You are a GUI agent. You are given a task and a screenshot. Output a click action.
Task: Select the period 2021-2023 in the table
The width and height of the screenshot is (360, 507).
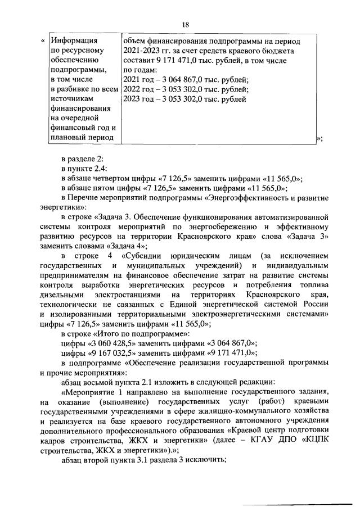[142, 51]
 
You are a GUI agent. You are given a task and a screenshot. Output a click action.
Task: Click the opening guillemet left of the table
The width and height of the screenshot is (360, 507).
[43, 41]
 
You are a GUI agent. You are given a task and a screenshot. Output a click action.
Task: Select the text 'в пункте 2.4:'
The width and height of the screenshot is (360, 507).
[83, 169]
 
